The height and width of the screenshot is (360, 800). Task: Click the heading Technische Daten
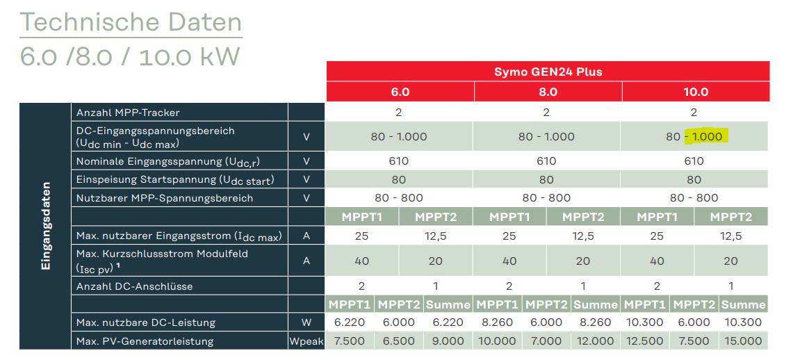tap(131, 22)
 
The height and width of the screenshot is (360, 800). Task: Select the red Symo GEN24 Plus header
tap(548, 72)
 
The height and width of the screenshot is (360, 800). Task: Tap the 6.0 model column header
tap(400, 92)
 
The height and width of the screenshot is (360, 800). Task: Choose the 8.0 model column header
tap(548, 92)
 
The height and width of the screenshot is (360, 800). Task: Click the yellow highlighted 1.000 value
tap(707, 136)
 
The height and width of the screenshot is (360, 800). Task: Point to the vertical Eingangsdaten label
tap(46, 225)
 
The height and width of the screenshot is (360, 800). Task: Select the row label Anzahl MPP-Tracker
tap(128, 112)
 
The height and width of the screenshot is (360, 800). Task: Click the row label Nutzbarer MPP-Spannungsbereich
tap(165, 198)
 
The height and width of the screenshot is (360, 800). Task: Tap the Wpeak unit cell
tap(306, 341)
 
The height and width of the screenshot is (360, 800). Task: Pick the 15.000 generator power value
tap(743, 341)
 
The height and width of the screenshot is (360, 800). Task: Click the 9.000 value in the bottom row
tap(448, 341)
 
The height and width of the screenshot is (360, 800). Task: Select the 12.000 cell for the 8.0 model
tap(596, 341)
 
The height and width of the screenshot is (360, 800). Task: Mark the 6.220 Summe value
tap(448, 322)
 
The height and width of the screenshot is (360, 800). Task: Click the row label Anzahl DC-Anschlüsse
tap(135, 286)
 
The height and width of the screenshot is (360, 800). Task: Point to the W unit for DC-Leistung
tap(306, 322)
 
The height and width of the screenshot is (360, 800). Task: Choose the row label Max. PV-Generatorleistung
tap(145, 341)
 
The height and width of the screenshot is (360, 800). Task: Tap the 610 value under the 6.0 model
tap(398, 161)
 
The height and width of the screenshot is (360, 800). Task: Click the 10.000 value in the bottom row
tap(498, 341)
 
